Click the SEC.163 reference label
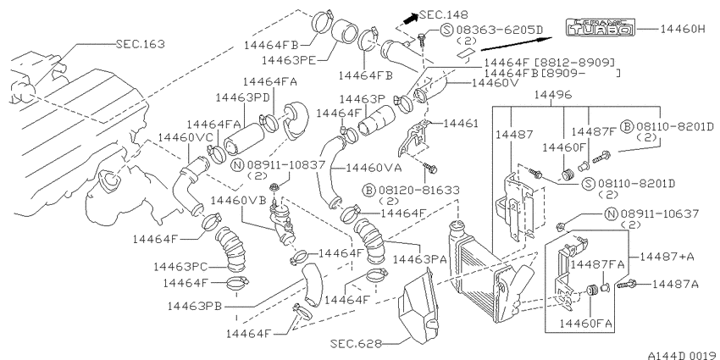click(x=141, y=44)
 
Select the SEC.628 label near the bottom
click(x=355, y=343)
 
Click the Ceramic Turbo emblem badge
click(x=600, y=28)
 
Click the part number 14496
click(x=553, y=95)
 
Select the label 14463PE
click(x=287, y=60)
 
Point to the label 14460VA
click(x=374, y=168)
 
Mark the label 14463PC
click(x=180, y=266)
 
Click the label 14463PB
click(x=195, y=305)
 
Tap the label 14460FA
click(x=586, y=323)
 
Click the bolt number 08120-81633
click(x=418, y=190)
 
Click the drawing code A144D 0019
click(x=683, y=355)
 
